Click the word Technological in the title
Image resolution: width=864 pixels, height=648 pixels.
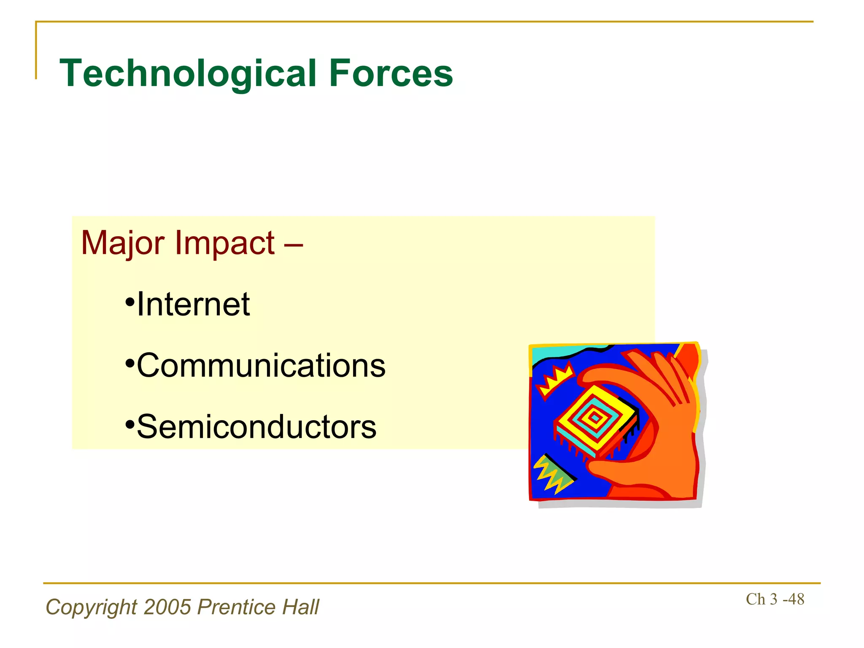188,74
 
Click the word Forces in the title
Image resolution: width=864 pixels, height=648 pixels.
390,74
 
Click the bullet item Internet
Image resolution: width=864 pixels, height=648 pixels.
193,305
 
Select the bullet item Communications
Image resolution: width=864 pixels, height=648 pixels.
261,366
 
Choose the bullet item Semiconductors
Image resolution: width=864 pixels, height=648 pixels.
256,427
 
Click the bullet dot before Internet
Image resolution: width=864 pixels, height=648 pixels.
130,302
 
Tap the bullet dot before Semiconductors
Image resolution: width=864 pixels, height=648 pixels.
130,424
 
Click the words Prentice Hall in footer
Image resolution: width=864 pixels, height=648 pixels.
258,607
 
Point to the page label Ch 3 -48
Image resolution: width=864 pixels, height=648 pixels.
775,599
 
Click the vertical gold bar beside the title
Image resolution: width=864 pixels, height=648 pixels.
36,51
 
